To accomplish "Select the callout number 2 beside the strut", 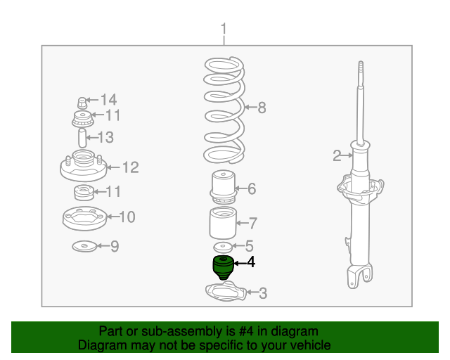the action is click(x=337, y=155).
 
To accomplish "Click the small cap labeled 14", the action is click(x=82, y=103).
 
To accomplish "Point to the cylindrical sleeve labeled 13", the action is click(x=82, y=138).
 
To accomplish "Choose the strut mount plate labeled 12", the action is click(x=84, y=166).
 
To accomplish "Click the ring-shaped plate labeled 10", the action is click(x=84, y=219).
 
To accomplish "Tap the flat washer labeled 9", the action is click(x=84, y=246).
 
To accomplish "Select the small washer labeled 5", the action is click(x=223, y=247).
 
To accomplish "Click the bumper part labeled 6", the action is click(x=224, y=187).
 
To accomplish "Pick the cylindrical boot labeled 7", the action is click(x=223, y=223).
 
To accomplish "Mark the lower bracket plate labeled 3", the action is click(x=226, y=292).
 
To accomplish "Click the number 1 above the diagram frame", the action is click(x=224, y=29).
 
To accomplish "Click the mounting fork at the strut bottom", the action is click(x=359, y=276).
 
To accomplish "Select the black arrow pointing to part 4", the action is click(x=240, y=263).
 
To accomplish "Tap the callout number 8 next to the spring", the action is click(x=262, y=108).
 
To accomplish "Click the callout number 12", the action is click(x=131, y=167).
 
